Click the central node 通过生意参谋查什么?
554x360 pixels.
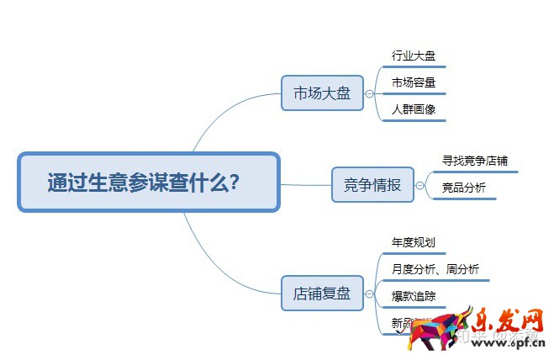[148, 182]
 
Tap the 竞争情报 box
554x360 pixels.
[372, 185]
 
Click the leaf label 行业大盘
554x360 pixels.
[413, 56]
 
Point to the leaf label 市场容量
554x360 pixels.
[413, 82]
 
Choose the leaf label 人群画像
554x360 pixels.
[413, 109]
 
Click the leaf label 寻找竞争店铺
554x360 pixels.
[475, 160]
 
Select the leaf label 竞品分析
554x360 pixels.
[463, 188]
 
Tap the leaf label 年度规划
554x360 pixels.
[413, 242]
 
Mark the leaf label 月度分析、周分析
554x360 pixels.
[435, 269]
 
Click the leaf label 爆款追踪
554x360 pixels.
[413, 296]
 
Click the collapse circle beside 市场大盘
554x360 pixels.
[369, 93]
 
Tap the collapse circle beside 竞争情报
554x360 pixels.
[419, 186]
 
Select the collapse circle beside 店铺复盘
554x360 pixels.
[369, 294]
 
